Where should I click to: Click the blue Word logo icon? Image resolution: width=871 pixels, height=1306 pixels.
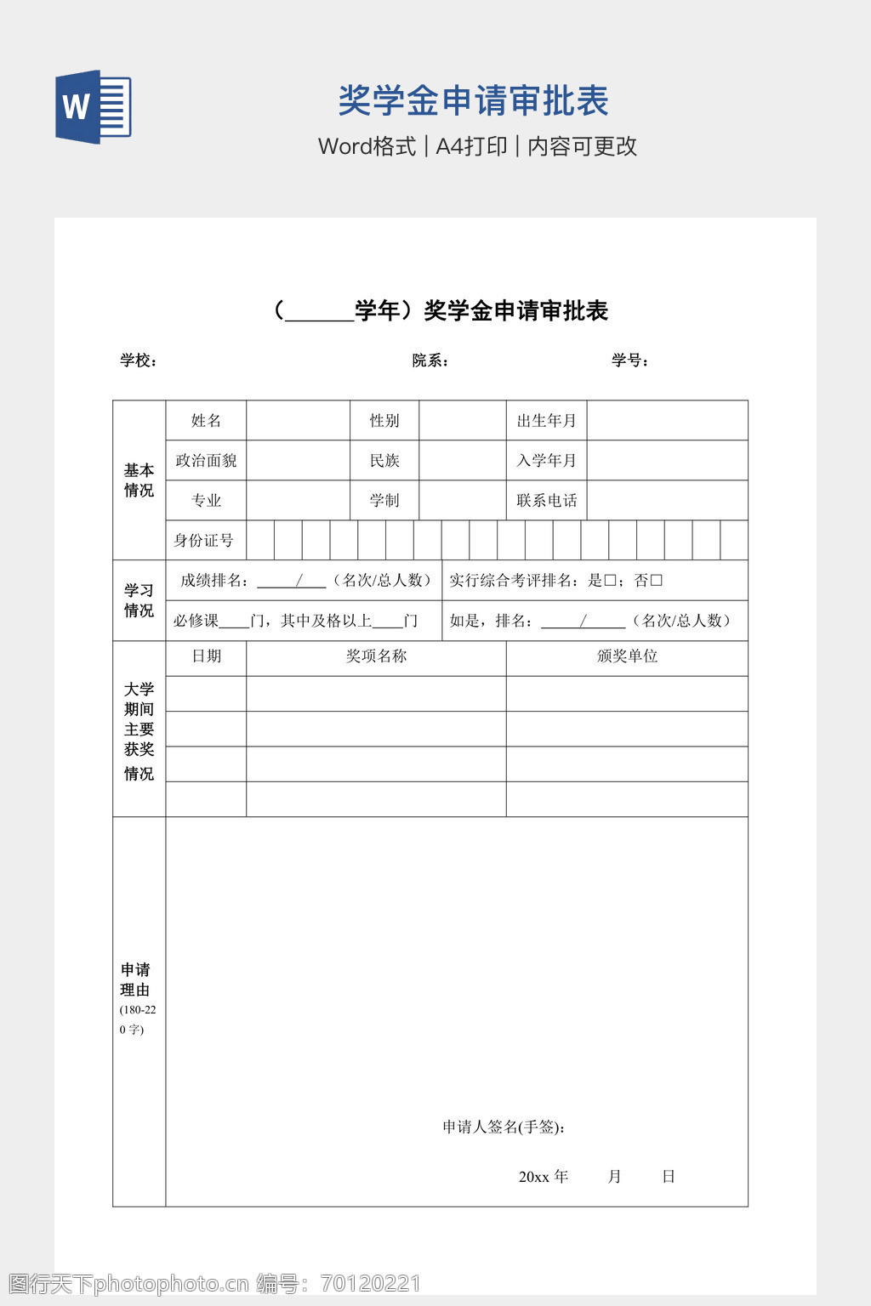[94, 107]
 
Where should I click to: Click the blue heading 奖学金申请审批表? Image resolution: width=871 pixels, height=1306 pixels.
[473, 101]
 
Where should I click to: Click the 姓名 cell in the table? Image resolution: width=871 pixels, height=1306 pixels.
[206, 421]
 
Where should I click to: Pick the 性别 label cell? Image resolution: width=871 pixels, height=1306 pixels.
[384, 421]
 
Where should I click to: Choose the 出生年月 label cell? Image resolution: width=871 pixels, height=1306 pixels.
[546, 421]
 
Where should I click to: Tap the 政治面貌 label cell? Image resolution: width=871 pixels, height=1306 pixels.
[206, 461]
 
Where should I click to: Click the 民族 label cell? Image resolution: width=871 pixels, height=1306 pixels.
[384, 461]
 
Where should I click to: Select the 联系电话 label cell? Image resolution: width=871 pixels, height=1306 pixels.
[546, 501]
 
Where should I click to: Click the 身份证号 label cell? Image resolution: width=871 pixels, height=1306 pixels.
[203, 541]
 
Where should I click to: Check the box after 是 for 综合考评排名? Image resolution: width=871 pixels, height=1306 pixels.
[610, 581]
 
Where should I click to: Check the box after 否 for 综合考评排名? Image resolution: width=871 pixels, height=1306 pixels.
[656, 581]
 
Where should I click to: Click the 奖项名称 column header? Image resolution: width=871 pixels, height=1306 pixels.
[376, 656]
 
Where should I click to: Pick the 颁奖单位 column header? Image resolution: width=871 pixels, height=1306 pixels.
[627, 656]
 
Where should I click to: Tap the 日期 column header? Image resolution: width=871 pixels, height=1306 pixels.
[206, 656]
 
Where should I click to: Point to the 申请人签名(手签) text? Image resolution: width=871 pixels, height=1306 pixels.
[504, 1127]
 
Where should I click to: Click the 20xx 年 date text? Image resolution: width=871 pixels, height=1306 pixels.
[544, 1177]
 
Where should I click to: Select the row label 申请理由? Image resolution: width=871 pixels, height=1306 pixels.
[135, 980]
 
